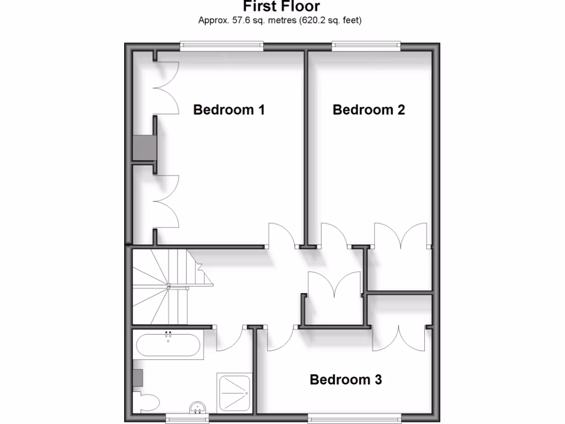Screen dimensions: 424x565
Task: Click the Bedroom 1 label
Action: point(229,110)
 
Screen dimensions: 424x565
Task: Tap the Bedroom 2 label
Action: point(369,110)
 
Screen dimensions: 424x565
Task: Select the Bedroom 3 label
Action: point(346,380)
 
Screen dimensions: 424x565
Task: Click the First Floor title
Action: point(281,7)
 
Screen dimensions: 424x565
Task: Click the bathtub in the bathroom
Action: point(168,344)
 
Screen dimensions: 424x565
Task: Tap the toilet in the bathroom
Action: point(147,402)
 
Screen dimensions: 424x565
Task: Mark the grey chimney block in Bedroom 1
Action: point(143,148)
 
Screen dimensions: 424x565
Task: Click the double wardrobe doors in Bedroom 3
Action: point(398,338)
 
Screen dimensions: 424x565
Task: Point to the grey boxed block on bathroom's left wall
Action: point(138,378)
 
